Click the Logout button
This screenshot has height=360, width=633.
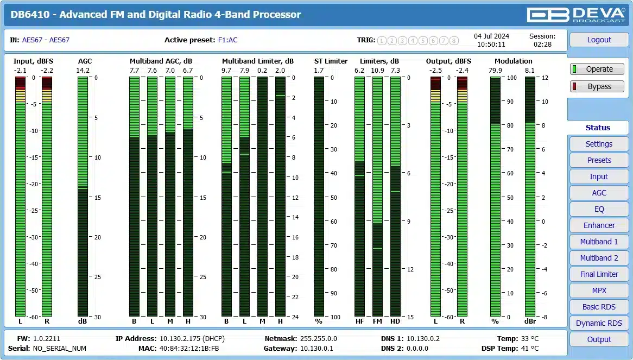pos(599,40)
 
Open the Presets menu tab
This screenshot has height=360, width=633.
pos(599,160)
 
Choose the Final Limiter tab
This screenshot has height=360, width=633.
pos(599,274)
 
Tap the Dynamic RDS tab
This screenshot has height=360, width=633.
pos(599,323)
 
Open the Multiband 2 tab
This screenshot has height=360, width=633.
pos(599,258)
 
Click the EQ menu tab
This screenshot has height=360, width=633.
pos(599,209)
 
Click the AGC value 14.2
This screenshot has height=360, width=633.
pos(83,71)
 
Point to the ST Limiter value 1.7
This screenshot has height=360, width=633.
pos(319,71)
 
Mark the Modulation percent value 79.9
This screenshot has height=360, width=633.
pos(495,71)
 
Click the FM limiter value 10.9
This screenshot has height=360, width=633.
pos(377,71)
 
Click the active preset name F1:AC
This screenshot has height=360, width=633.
pos(227,40)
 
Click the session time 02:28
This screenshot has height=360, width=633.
pos(542,45)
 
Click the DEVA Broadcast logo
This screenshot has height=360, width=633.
pos(577,14)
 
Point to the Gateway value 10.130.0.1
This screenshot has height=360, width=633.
pos(316,349)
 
